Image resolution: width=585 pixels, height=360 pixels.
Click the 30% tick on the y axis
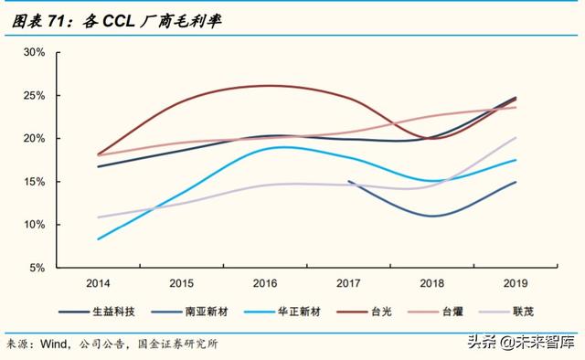pos(34,52)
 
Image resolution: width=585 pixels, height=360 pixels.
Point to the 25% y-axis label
pos(34,95)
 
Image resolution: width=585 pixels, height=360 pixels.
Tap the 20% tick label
pos(34,138)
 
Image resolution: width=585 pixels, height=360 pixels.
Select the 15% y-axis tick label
pos(34,182)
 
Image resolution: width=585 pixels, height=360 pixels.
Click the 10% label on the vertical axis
pos(34,225)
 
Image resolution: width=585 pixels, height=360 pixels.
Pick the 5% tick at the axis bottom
pos(37,268)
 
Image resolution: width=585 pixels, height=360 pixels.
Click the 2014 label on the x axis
pos(98,282)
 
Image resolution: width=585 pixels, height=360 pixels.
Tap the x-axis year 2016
pos(264,282)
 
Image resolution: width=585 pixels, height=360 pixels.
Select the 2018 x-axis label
pos(431,282)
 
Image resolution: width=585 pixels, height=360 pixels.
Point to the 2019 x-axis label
pos(515,282)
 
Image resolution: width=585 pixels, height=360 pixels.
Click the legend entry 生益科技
pos(114,312)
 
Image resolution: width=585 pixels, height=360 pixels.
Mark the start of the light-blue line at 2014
pos(98,239)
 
